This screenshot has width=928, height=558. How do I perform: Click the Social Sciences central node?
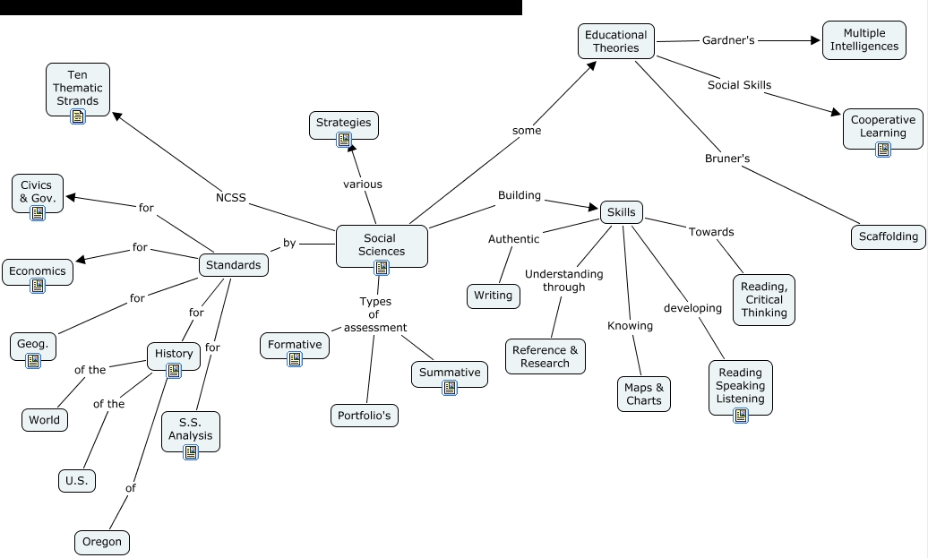382,245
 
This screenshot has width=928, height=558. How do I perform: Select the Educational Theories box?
615,41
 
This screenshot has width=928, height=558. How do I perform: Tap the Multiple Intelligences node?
864,39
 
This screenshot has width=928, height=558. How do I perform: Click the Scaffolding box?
888,236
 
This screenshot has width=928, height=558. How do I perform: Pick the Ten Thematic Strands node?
78,88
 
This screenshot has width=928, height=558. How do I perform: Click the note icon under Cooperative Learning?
883,150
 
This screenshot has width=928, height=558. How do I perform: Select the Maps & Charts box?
644,393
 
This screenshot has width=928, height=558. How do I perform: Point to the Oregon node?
101,542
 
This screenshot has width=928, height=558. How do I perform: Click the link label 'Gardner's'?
728,40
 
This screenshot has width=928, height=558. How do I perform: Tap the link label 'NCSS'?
230,198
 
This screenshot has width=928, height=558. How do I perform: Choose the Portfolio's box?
364,416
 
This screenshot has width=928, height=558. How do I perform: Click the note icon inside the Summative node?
450,388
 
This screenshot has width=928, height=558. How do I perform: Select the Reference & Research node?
545,356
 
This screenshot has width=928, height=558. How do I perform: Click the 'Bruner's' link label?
727,159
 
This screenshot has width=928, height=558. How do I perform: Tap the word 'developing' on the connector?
692,308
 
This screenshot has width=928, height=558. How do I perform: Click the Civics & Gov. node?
38,192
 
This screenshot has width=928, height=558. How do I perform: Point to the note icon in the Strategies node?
344,139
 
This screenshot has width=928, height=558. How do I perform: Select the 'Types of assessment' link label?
375,314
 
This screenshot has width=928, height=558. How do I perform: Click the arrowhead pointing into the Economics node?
82,260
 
